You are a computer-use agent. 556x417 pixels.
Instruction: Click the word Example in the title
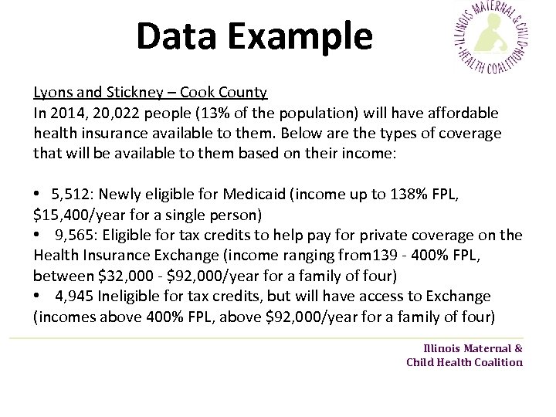click(x=303, y=37)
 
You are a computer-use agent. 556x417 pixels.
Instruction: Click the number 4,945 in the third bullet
click(x=74, y=296)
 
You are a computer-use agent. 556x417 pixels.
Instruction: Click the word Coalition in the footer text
click(x=493, y=362)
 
